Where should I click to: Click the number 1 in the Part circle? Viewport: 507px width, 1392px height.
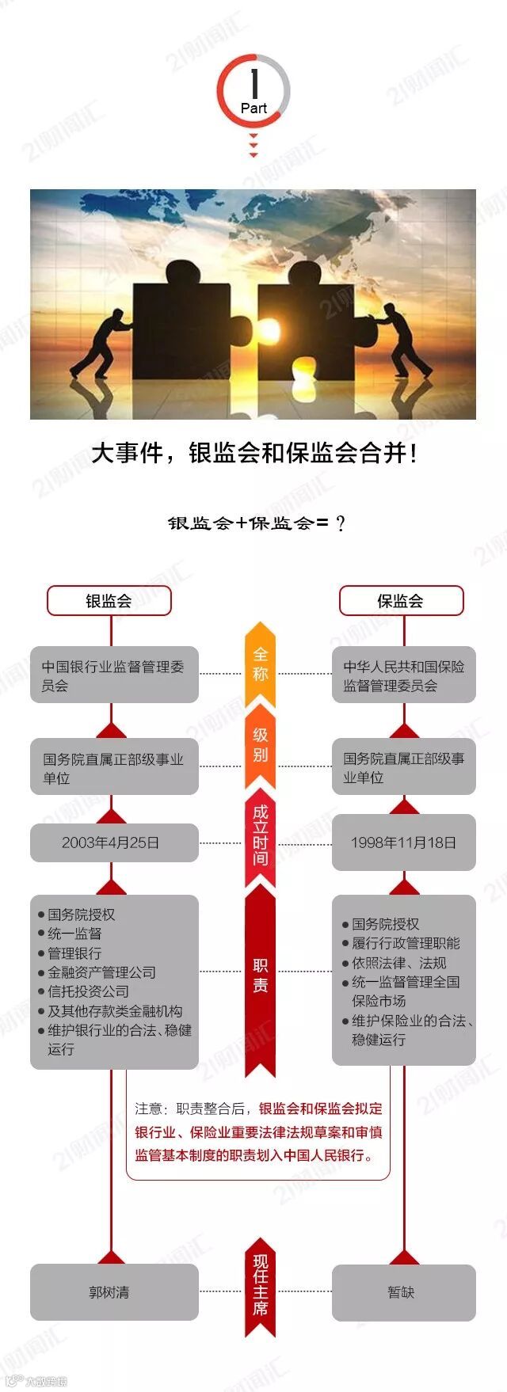tap(253, 82)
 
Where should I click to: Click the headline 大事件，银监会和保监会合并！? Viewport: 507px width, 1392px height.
tap(253, 454)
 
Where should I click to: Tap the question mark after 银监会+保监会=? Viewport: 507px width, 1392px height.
tap(341, 523)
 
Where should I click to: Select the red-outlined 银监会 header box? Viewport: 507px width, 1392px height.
tap(109, 600)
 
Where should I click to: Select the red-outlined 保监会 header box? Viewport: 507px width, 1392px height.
tap(401, 600)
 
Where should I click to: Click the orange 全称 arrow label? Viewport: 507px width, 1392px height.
tap(261, 664)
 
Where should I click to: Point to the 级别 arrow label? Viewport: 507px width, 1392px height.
tap(261, 744)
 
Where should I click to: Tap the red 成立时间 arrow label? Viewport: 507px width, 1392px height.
tap(261, 835)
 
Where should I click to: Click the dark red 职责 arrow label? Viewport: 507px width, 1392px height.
tap(261, 975)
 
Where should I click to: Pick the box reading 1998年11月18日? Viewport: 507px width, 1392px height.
tap(403, 842)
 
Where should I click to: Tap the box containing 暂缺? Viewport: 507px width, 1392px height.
tap(403, 1292)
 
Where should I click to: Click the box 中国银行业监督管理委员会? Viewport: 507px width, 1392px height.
tap(114, 676)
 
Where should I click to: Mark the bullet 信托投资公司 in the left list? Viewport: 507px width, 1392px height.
tap(88, 991)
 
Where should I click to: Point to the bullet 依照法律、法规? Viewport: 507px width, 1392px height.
tap(399, 963)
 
